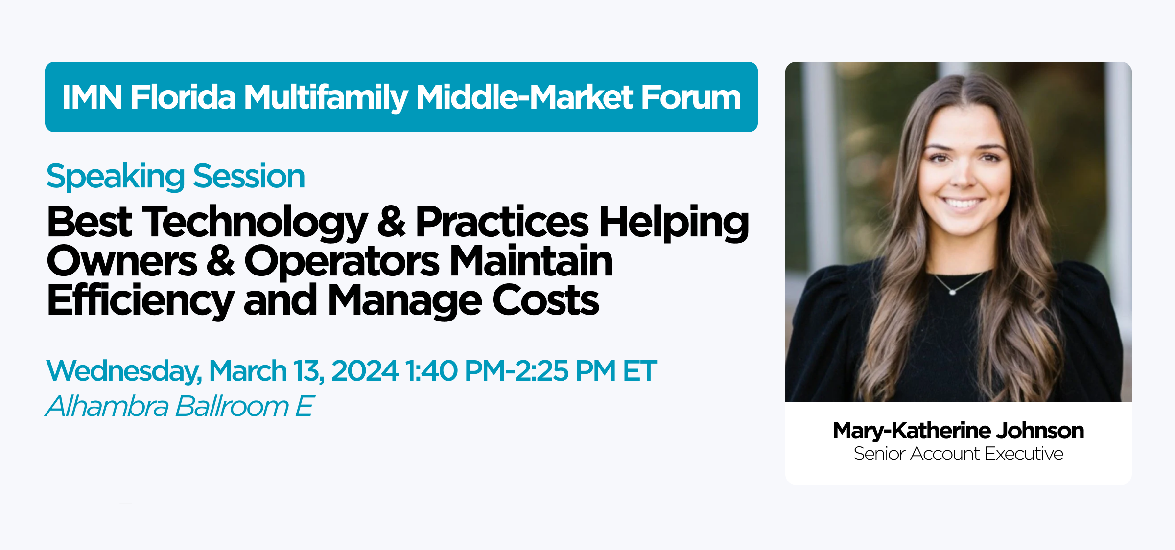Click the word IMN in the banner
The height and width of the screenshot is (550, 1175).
pos(92,97)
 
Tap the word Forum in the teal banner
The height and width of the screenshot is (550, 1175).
pos(691,97)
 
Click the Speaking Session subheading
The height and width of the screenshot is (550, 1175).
pos(175,177)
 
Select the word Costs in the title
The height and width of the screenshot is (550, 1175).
pos(545,300)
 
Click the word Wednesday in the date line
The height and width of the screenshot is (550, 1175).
pos(124,371)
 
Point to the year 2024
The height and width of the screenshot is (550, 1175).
pos(365,370)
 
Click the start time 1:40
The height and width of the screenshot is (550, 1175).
pos(431,370)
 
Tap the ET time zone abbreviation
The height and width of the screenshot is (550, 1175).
pos(639,370)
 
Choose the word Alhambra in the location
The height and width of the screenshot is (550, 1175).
pos(107,406)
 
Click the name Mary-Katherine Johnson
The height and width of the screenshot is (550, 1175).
pos(958,431)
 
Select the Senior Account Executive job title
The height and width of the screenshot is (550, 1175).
pos(958,454)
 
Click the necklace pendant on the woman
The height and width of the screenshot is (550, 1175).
pos(952,292)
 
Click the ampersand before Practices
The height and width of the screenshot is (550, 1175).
pos(391,222)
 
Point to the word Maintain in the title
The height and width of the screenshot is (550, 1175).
pos(531,262)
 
